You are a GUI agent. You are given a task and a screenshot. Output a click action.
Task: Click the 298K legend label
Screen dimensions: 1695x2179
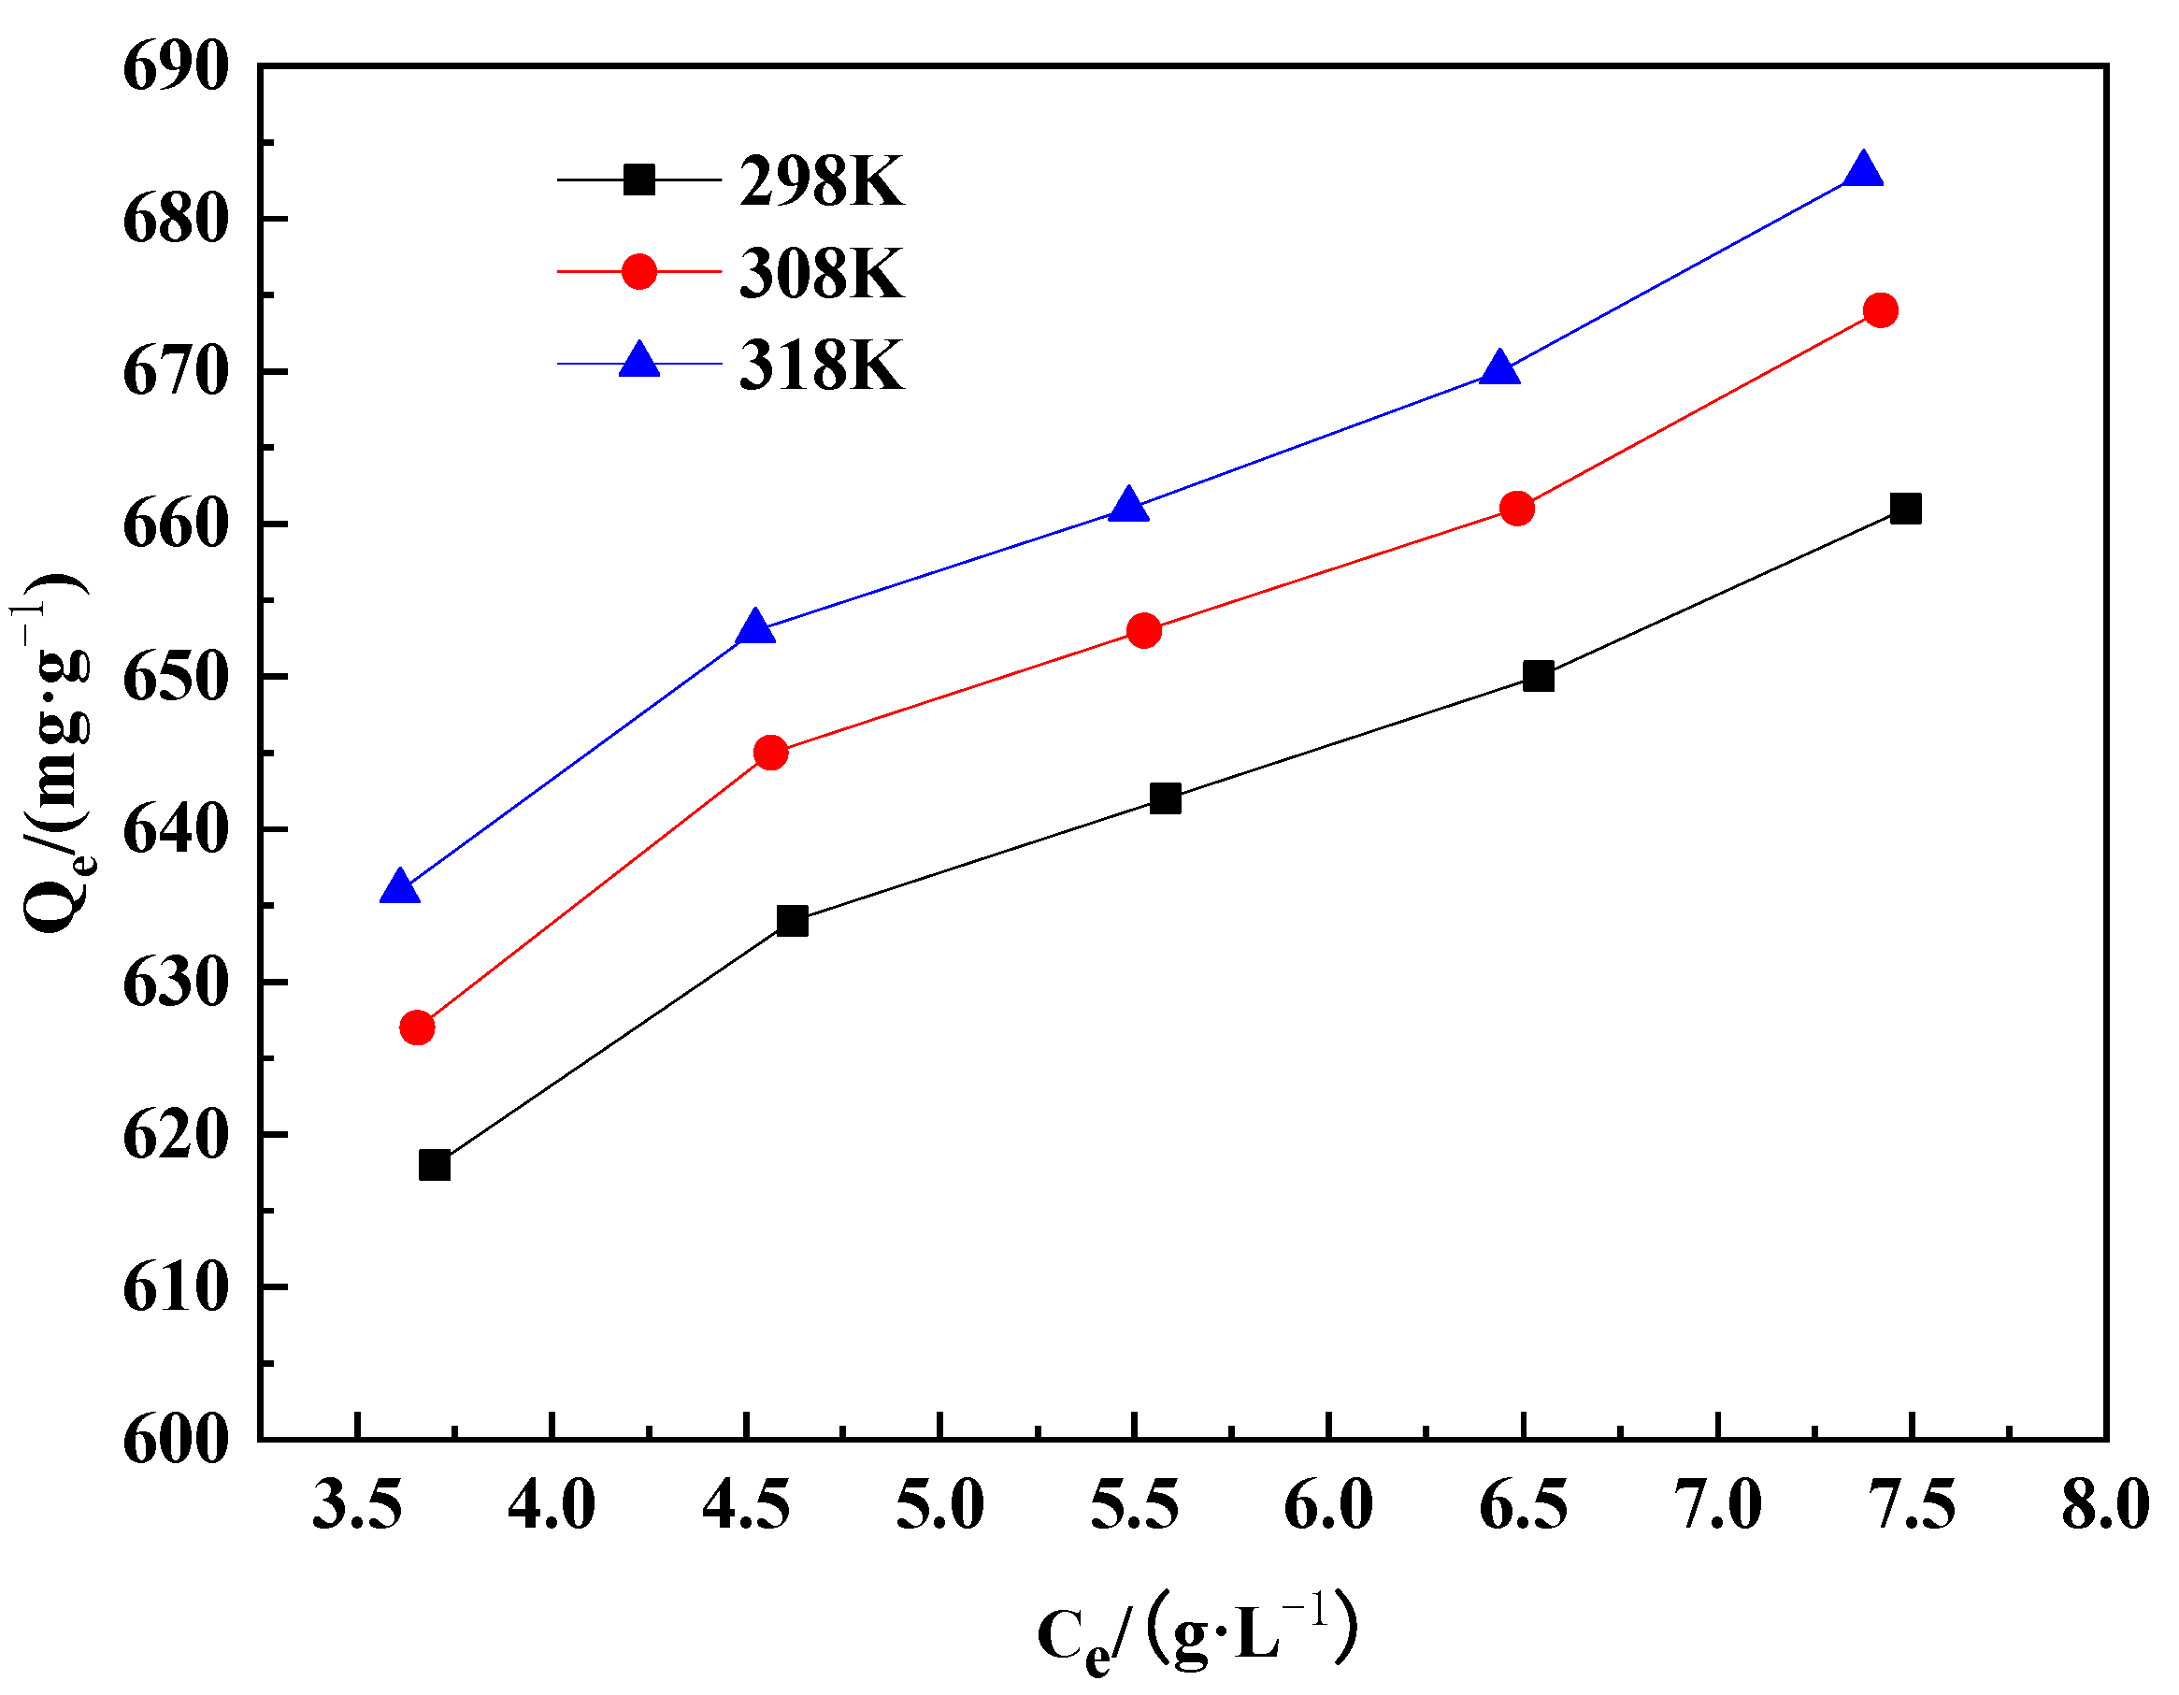(x=821, y=181)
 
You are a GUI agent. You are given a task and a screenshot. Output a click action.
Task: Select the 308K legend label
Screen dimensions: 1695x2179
(x=821, y=273)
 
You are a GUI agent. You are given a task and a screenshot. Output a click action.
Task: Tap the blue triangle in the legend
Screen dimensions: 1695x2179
(x=639, y=360)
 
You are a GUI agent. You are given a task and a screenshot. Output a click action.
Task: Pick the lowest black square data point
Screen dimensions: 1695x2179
(x=435, y=1165)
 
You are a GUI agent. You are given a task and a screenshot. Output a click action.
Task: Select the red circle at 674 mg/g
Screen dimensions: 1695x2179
(x=1880, y=310)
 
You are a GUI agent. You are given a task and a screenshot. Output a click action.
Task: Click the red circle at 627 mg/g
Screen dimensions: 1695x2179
(x=417, y=1027)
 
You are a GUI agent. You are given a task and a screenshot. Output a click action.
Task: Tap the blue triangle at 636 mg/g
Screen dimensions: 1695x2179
(x=400, y=888)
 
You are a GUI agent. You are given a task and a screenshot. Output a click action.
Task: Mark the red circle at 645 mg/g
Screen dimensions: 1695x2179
(x=770, y=753)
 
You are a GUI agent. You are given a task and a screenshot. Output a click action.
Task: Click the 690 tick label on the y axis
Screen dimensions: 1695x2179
(x=176, y=68)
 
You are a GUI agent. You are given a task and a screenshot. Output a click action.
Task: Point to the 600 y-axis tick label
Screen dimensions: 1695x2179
(x=176, y=1441)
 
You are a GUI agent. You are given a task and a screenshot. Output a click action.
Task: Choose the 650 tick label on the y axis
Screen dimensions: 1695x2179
(x=176, y=679)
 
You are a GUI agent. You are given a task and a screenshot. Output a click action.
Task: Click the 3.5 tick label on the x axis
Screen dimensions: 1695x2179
(x=357, y=1504)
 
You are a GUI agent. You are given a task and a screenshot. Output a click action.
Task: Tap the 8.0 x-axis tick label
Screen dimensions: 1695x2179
(x=2105, y=1504)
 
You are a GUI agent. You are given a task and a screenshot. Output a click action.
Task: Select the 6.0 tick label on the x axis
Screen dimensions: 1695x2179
(x=1328, y=1504)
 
